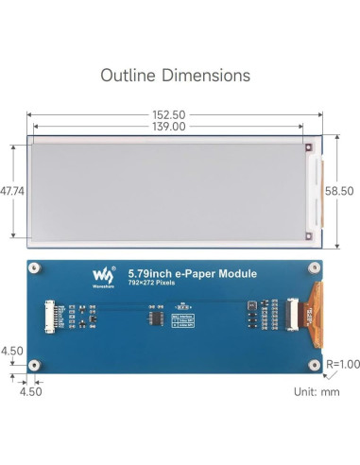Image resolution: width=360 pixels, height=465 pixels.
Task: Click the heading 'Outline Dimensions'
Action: [x=176, y=75]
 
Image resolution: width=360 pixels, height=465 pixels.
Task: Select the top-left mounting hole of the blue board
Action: [x=35, y=267]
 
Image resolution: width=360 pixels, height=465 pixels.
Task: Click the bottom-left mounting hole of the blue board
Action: [x=35, y=364]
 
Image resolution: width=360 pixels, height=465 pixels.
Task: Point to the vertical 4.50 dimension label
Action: [x=12, y=351]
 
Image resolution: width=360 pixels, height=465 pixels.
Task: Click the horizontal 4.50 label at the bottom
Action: [x=30, y=389]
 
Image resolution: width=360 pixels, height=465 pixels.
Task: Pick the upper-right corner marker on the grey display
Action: [x=307, y=146]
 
